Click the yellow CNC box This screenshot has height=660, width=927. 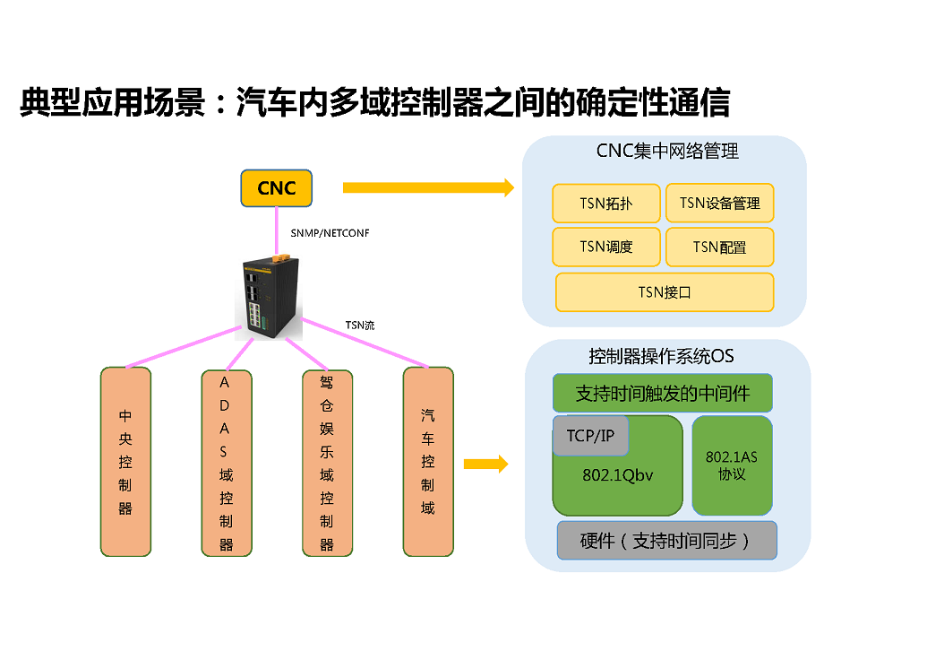(x=277, y=188)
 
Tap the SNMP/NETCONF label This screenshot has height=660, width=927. (x=330, y=233)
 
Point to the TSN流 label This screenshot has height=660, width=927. (x=360, y=326)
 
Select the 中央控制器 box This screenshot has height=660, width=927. (x=125, y=461)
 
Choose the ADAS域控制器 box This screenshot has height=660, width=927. (x=226, y=461)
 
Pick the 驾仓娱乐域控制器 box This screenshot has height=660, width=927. (x=327, y=461)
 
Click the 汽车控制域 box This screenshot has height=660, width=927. (x=428, y=461)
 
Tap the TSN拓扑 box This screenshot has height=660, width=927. (x=606, y=204)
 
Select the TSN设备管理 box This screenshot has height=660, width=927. (x=719, y=204)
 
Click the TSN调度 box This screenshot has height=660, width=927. (x=606, y=247)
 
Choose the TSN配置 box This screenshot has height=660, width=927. (x=719, y=247)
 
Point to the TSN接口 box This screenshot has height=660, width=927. (x=664, y=292)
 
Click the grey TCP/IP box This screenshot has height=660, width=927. (x=590, y=436)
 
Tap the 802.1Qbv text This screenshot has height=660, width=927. (x=617, y=476)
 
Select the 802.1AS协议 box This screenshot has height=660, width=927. (x=732, y=465)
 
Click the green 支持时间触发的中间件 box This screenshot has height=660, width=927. (x=662, y=394)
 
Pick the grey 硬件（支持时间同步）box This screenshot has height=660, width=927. (x=666, y=541)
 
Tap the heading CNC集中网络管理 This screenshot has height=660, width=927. (x=667, y=152)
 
